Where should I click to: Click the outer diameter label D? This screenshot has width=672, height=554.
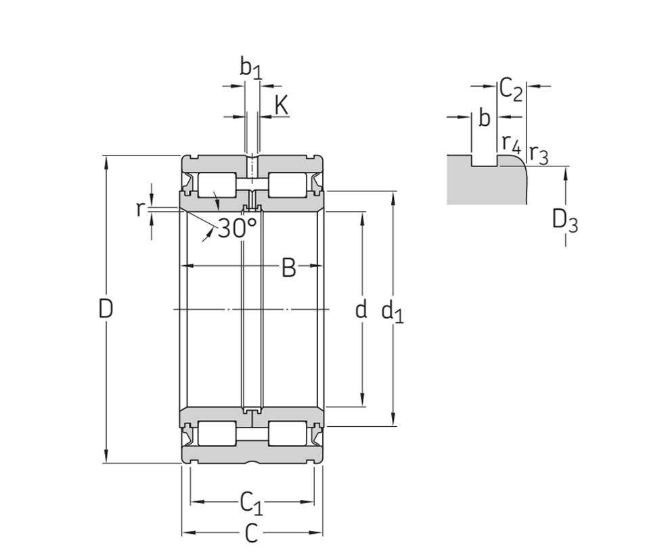(x=106, y=309)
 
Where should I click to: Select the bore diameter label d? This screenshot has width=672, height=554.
(x=361, y=309)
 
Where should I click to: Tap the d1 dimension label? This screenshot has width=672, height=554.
(x=392, y=311)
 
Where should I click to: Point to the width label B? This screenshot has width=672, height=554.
(x=289, y=268)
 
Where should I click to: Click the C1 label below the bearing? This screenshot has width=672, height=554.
(x=251, y=503)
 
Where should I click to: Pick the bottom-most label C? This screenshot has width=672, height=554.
(x=251, y=534)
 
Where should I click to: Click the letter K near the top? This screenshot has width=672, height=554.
(x=282, y=105)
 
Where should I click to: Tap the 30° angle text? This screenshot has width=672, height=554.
(x=237, y=228)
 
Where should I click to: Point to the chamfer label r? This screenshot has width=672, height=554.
(x=139, y=209)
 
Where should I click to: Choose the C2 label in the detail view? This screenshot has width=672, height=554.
(x=511, y=89)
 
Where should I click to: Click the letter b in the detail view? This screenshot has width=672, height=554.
(x=484, y=118)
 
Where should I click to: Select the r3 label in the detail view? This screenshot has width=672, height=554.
(x=538, y=154)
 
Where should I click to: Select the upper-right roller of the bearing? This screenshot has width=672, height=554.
(x=286, y=185)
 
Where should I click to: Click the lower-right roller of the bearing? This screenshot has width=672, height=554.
(x=286, y=434)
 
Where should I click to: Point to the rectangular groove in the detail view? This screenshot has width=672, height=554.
(x=485, y=161)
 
